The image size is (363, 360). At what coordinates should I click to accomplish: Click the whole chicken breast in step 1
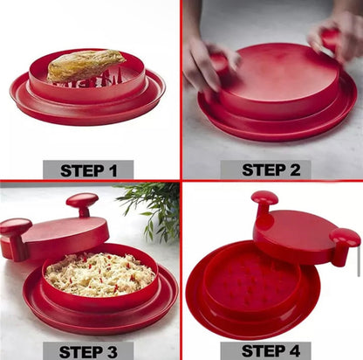tap(85, 66)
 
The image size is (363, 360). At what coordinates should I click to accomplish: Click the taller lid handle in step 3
tap(82, 203)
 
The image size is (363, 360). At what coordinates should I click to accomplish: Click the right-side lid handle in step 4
tap(345, 242)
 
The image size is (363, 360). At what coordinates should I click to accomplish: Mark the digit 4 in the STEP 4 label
tap(298, 350)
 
